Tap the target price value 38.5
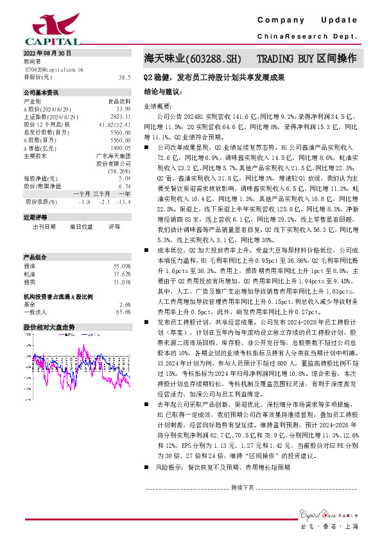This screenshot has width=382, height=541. pos(125,76)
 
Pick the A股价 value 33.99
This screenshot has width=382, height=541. pos(123,109)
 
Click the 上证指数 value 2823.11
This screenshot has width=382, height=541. pos(121,116)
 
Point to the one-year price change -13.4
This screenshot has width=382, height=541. pos(123,202)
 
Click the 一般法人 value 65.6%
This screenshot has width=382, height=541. pos(123,312)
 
